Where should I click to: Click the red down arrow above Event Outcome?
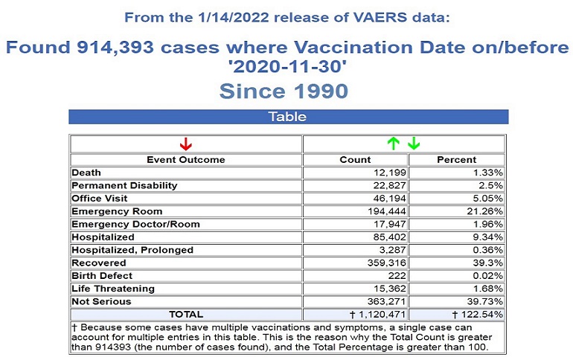(186, 144)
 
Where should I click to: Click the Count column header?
(354, 159)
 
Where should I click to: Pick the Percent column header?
(457, 159)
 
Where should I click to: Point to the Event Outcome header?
(185, 159)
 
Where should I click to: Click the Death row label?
(86, 173)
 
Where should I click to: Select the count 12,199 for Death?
(385, 173)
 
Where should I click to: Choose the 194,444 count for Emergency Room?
(382, 211)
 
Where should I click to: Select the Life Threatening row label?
(113, 288)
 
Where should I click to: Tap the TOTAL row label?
(185, 314)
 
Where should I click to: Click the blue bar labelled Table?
(288, 117)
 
